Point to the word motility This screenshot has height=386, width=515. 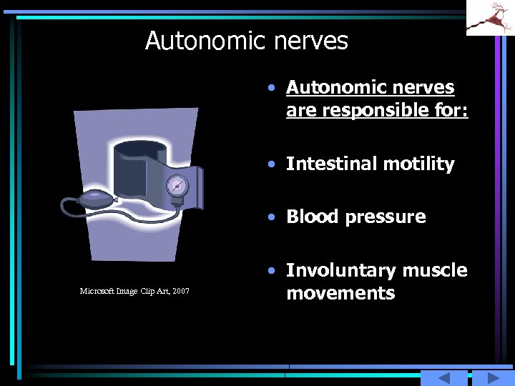[x=418, y=164]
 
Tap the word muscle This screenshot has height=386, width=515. [x=435, y=270]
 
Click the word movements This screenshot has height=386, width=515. [x=340, y=293]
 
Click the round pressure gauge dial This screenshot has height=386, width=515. [x=177, y=187]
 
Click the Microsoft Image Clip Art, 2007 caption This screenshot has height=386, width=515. [x=134, y=291]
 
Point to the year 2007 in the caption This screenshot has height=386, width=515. [x=181, y=291]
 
